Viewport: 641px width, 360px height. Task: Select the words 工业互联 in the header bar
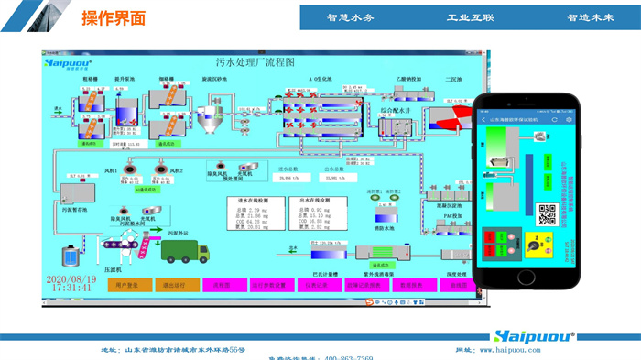(471, 17)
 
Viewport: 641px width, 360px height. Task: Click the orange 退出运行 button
(174, 284)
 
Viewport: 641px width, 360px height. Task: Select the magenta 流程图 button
(220, 284)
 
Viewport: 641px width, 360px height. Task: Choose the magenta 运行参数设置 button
(268, 284)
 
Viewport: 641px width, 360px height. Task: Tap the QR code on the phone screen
(547, 215)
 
